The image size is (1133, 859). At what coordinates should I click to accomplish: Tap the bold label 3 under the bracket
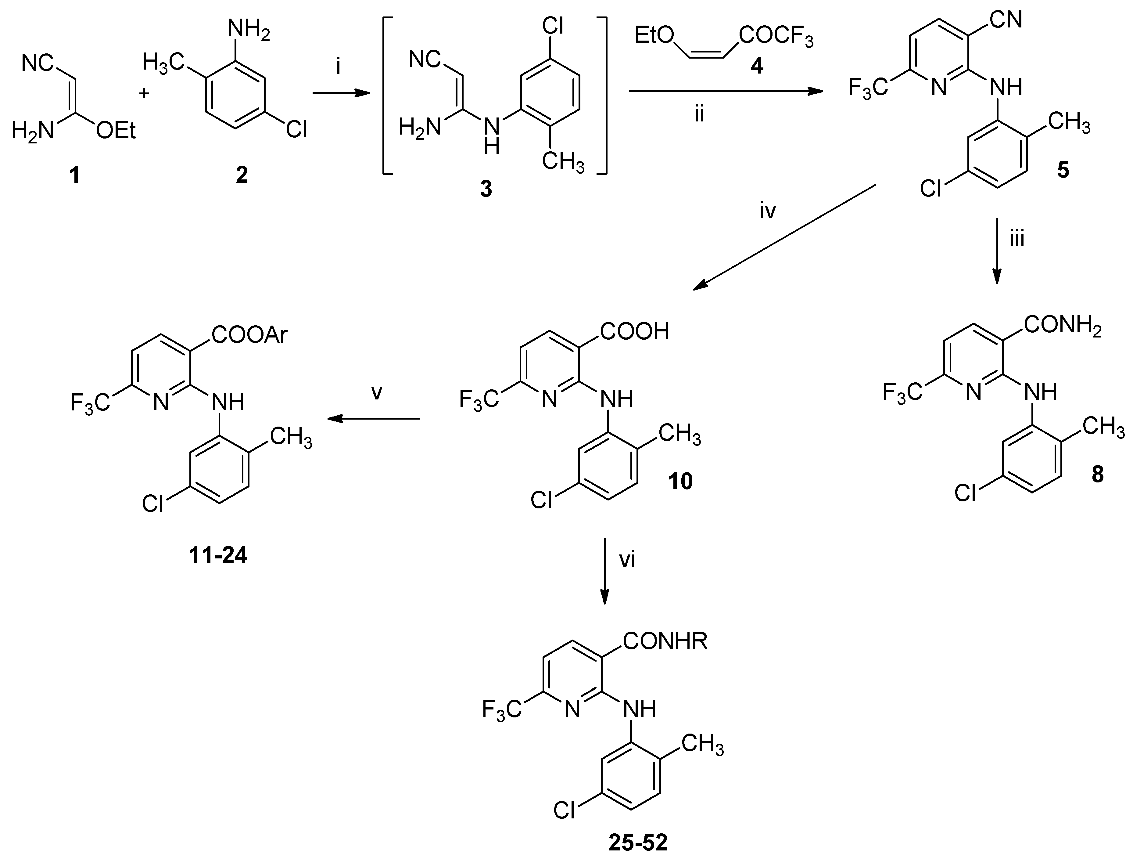(486, 189)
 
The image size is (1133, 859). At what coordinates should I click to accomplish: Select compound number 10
(680, 481)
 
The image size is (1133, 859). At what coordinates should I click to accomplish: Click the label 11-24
(218, 555)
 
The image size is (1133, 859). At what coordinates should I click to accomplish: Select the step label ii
(700, 115)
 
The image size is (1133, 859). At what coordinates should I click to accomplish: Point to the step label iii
(1017, 239)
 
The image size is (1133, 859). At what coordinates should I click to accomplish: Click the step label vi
(627, 560)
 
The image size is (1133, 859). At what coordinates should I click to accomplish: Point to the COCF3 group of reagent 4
(776, 37)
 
